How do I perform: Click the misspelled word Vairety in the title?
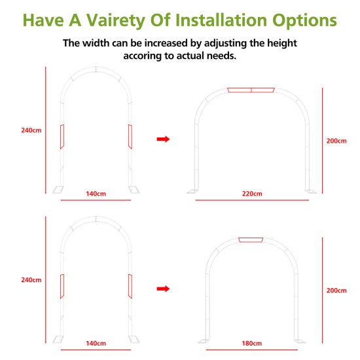point(115,20)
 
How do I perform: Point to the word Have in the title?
point(43,20)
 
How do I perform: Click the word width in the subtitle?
point(96,43)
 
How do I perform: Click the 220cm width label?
point(252,194)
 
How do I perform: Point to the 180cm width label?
point(251,344)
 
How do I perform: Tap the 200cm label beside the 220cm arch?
point(336,141)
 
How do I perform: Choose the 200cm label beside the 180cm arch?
point(336,291)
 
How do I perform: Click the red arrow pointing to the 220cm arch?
point(163,139)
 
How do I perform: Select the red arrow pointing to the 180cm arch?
point(163,289)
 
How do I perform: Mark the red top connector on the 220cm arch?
point(251,90)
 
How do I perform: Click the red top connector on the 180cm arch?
point(251,240)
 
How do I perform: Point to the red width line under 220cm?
point(252,200)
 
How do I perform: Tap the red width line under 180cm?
point(252,350)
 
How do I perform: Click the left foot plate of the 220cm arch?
point(192,192)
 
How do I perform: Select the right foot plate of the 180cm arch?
point(300,341)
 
